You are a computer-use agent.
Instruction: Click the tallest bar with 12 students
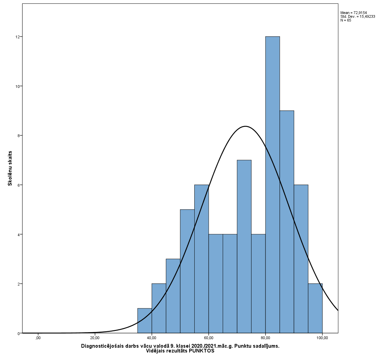(x=272, y=185)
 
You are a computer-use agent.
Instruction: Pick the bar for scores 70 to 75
(x=244, y=246)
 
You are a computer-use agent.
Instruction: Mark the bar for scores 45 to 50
(x=173, y=296)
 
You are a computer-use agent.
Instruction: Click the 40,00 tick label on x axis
(x=152, y=338)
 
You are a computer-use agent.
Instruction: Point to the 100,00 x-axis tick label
(x=322, y=338)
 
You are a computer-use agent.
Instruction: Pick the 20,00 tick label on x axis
(x=95, y=338)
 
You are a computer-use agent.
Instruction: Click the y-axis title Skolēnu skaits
(x=10, y=168)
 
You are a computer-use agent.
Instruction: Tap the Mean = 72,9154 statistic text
(x=354, y=13)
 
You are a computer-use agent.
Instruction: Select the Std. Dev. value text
(x=357, y=16)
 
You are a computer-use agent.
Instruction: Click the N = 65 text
(x=346, y=20)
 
